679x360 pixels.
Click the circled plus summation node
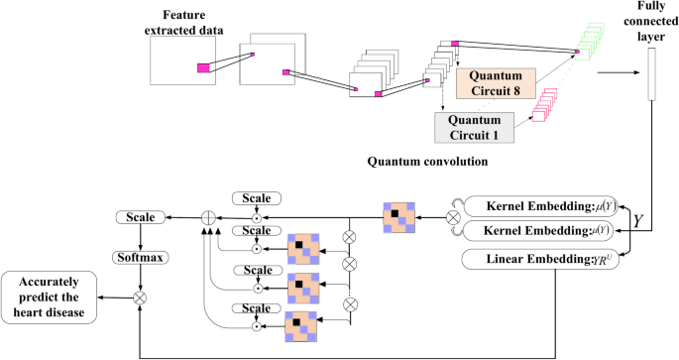pos(208,216)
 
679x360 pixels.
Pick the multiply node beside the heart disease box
pos(140,296)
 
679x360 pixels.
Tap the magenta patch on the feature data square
pos(204,67)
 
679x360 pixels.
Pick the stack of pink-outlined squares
pos(546,103)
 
